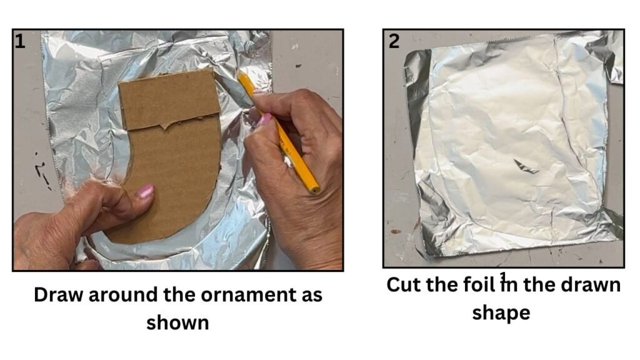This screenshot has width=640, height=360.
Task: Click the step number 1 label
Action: pyautogui.click(x=20, y=41)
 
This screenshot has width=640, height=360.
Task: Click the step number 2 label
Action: pyautogui.click(x=394, y=41)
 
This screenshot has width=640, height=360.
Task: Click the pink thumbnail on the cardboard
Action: pyautogui.click(x=145, y=191)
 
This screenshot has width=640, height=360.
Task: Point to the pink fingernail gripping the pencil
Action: pyautogui.click(x=264, y=119)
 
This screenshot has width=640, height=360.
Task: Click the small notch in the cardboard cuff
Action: pyautogui.click(x=164, y=126)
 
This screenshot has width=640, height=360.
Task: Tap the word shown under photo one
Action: pyautogui.click(x=177, y=322)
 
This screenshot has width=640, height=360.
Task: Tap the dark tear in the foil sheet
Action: pyautogui.click(x=526, y=166)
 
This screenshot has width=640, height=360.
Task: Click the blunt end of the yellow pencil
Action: pyautogui.click(x=314, y=189)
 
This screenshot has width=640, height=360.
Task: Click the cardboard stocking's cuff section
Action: pyautogui.click(x=169, y=101)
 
